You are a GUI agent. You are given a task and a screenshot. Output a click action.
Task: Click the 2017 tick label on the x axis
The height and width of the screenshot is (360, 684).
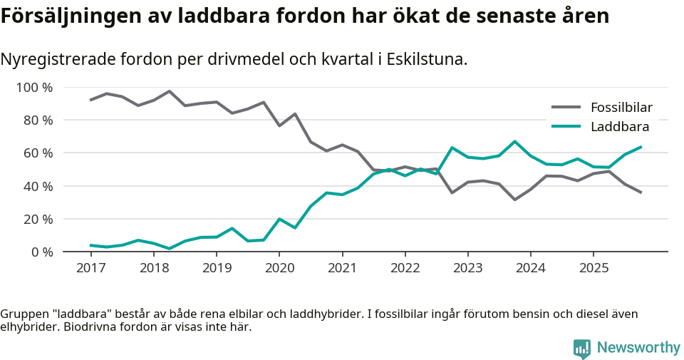coord(90,268)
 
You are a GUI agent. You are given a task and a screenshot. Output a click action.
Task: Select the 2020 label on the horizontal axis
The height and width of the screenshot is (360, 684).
coord(279,268)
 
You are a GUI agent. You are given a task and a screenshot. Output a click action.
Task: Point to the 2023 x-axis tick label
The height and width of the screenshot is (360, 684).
coord(467,268)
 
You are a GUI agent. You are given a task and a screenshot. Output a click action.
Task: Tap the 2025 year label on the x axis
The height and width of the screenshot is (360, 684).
coord(593,268)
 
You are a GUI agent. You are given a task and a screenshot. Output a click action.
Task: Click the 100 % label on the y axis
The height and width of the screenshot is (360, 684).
coord(35,88)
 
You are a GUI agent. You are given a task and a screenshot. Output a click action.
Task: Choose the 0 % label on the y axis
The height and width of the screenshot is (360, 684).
coord(42,252)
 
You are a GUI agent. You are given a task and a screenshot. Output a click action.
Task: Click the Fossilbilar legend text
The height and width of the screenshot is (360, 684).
coord(621,108)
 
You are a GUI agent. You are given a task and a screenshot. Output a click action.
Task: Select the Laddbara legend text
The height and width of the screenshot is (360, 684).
coord(619,127)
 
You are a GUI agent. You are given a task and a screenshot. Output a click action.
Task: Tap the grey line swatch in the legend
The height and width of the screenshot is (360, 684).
coord(567,108)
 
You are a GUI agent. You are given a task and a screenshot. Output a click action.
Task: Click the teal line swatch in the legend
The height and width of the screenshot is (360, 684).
coord(567,127)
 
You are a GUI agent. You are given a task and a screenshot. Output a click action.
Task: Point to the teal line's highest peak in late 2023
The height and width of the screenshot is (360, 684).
coord(514,141)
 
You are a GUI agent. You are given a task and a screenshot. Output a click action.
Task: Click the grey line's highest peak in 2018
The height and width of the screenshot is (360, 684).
coord(169,91)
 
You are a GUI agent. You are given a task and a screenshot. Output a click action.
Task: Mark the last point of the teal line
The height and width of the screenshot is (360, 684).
coord(641,147)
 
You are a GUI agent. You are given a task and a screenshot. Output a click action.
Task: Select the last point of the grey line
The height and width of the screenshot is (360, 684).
coord(641,192)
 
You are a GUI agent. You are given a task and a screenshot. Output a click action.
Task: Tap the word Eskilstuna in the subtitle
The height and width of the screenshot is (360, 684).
coord(425,59)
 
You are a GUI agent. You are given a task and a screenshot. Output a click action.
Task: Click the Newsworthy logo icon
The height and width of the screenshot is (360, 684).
coord(582,348)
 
